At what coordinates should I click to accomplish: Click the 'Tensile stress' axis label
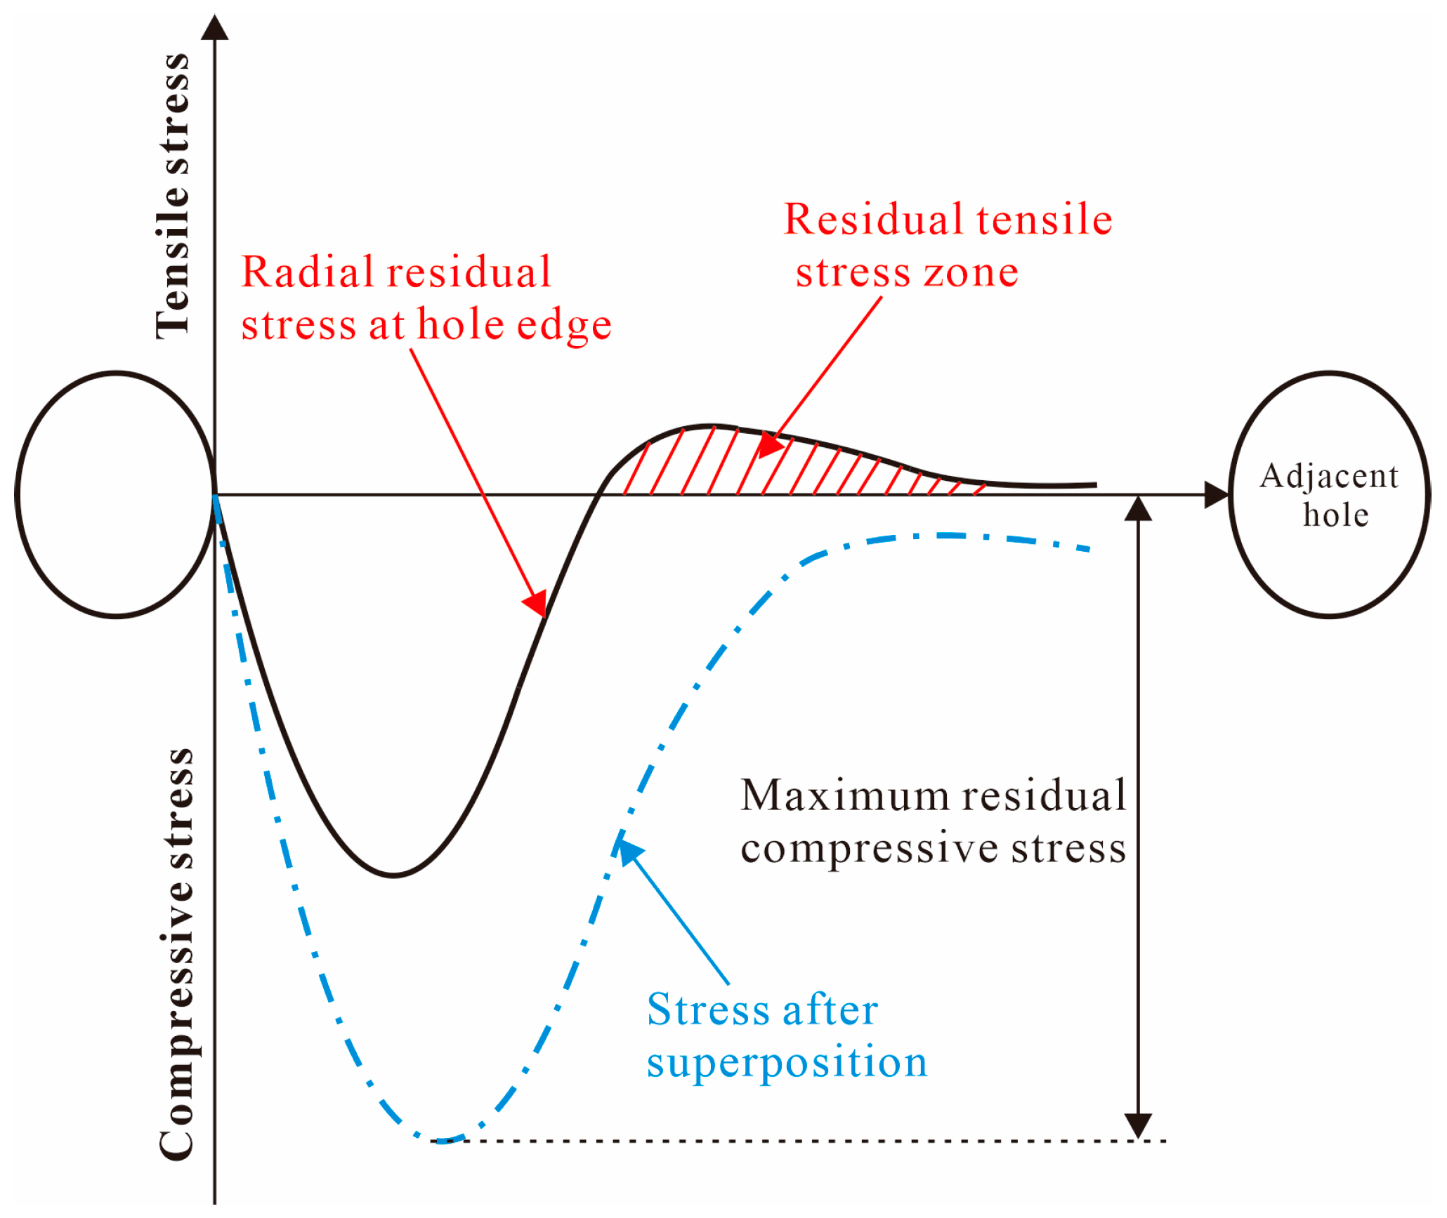tap(173, 197)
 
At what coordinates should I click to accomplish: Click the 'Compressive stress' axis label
tap(176, 955)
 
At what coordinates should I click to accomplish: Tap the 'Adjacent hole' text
tap(1330, 495)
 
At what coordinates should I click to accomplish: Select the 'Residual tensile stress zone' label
tap(948, 246)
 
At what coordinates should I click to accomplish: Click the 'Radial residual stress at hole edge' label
tap(426, 298)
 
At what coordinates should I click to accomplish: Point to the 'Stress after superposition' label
tap(787, 1035)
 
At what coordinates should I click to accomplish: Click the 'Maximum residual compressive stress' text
tap(933, 821)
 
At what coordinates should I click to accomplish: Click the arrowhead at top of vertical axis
tap(215, 28)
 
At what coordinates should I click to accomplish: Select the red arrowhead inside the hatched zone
tap(771, 445)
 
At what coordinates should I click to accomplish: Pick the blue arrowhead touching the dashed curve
tap(629, 849)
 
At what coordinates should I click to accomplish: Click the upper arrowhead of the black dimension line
tap(1138, 509)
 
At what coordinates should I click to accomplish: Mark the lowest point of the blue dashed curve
tap(441, 1141)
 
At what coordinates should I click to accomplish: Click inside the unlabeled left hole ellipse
tap(116, 495)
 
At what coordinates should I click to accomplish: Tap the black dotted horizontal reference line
tap(808, 1141)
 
